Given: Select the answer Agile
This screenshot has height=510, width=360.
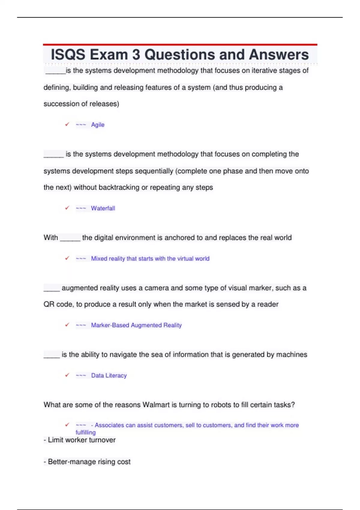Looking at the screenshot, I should pyautogui.click(x=98, y=125).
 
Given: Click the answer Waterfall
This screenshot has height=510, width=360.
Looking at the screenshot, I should pyautogui.click(x=103, y=208).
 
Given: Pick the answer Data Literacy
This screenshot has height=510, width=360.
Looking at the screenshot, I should pyautogui.click(x=109, y=376).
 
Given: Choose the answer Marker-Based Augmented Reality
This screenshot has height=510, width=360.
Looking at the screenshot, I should pyautogui.click(x=136, y=325).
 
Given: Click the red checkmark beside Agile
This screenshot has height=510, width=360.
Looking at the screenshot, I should pyautogui.click(x=67, y=124).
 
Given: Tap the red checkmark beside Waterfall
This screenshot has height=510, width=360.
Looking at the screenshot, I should pyautogui.click(x=67, y=208).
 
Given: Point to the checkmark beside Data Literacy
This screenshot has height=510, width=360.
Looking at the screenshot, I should pyautogui.click(x=67, y=375).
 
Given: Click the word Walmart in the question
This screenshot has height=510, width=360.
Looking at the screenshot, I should pyautogui.click(x=156, y=405).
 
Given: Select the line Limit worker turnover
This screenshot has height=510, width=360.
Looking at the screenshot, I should pyautogui.click(x=80, y=440).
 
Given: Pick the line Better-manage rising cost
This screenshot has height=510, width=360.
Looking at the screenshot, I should pyautogui.click(x=87, y=462).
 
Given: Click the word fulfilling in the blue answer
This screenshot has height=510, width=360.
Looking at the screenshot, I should pyautogui.click(x=86, y=433).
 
